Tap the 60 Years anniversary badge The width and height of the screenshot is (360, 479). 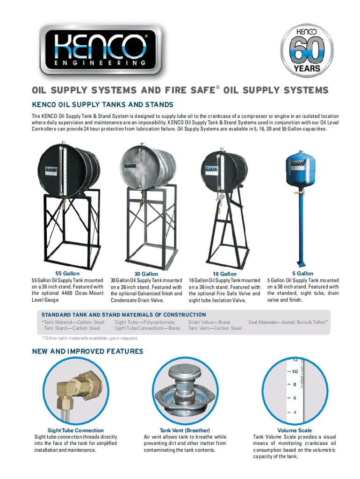coord(307,51)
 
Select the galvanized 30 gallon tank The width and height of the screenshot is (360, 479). coord(147,167)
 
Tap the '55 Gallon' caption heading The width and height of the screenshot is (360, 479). coord(67,273)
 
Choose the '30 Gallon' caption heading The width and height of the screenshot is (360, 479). coord(146,274)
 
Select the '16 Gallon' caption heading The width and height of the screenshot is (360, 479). coord(225,274)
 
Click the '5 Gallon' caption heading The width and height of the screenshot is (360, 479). coord(302,273)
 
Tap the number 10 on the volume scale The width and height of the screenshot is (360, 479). coord(295,372)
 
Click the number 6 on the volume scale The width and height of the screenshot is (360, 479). coord(295,398)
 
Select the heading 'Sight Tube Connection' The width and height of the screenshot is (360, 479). coord(75,430)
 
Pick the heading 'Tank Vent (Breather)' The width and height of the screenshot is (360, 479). coord(185,430)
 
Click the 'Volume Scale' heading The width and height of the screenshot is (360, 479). coord(295,430)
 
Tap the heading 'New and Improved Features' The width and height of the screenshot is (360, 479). coord(87,351)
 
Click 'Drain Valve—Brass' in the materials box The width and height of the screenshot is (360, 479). coord(209,322)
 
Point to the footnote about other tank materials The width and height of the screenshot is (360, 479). coord(90,338)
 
